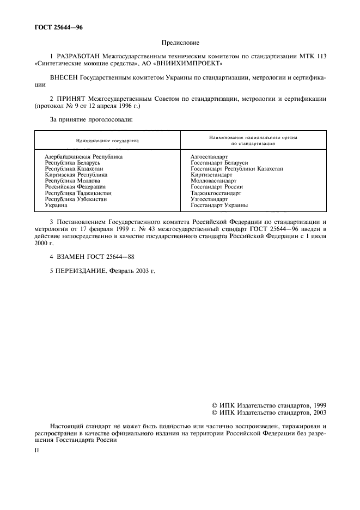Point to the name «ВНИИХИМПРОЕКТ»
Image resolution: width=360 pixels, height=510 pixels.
(186, 63)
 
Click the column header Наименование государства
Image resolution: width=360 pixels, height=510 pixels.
(107, 141)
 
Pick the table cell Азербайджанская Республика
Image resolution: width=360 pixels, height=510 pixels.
(83, 156)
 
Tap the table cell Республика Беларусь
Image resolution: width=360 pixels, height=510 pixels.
(73, 163)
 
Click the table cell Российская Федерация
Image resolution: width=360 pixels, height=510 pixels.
(75, 187)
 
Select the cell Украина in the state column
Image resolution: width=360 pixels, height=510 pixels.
(56, 205)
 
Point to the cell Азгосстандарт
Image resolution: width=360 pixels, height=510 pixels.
(209, 156)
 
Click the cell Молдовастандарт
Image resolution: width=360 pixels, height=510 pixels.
(213, 181)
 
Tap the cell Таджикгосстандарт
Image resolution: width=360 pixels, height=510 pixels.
(216, 193)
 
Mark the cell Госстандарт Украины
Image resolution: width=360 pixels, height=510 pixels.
(219, 205)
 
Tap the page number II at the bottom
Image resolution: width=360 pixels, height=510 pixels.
(37, 451)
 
